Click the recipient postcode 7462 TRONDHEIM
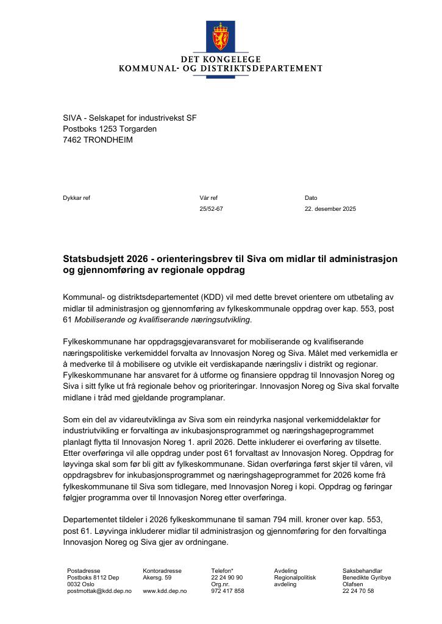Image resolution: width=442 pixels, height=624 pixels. (x=98, y=140)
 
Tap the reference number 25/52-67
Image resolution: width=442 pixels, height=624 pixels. (x=211, y=209)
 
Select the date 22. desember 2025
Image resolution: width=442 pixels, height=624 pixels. (x=330, y=209)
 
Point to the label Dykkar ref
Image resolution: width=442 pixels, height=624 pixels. (x=76, y=198)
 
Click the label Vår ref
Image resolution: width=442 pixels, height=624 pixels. (x=208, y=198)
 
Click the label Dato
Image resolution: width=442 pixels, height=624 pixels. (x=311, y=198)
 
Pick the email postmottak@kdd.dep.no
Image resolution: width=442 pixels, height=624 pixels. (x=99, y=591)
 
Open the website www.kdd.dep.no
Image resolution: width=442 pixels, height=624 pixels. (x=165, y=591)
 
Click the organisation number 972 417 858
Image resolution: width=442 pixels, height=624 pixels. (x=227, y=591)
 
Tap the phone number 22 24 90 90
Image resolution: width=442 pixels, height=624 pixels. (x=227, y=578)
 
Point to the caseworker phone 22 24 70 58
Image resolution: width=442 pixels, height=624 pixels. (x=358, y=591)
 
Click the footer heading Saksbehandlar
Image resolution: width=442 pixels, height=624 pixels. (x=362, y=571)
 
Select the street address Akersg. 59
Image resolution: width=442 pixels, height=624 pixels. (x=157, y=578)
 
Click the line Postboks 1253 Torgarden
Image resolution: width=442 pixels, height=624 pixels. (x=110, y=129)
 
